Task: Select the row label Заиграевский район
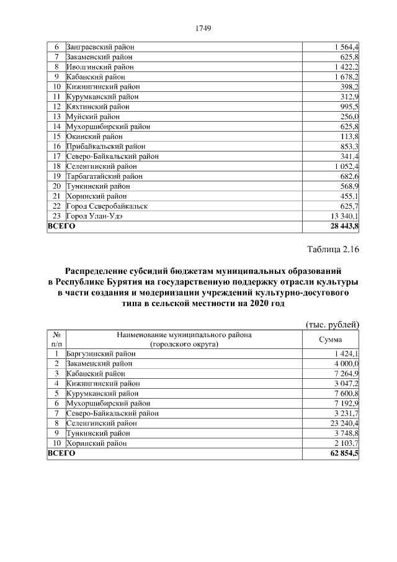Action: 100,47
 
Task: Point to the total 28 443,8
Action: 343,227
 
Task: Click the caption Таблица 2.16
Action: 333,250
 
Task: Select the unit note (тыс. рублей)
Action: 333,324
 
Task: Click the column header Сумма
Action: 330,339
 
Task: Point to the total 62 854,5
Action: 343,453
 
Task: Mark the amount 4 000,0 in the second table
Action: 346,363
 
